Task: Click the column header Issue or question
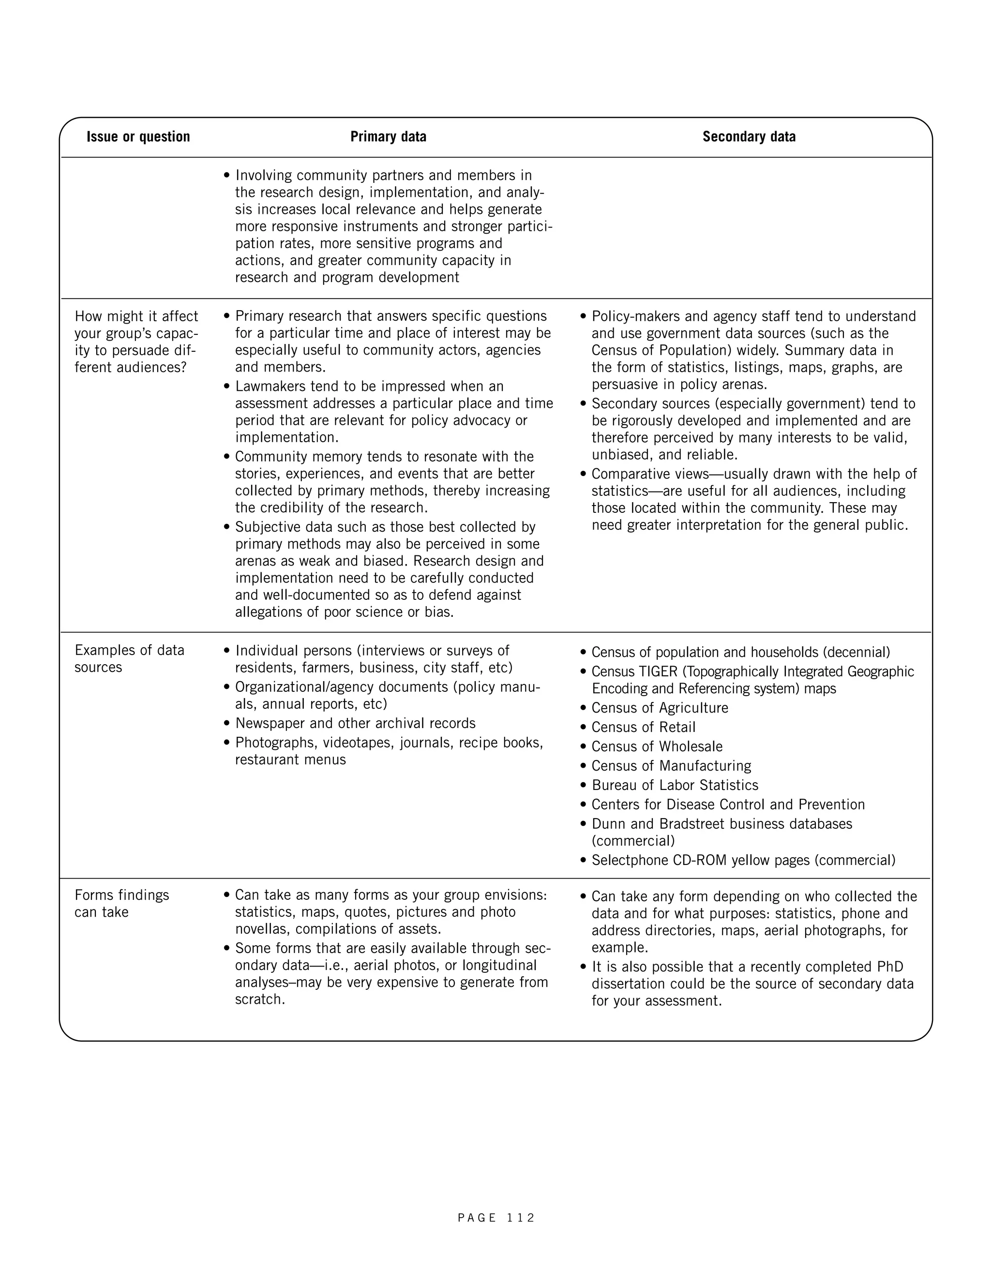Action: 138,137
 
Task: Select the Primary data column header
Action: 388,137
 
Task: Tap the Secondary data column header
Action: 749,137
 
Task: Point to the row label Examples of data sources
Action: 129,658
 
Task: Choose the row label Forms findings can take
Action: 121,903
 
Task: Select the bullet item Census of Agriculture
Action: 660,708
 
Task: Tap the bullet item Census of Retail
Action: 643,727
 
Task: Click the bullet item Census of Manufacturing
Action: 671,766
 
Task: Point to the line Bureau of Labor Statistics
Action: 675,785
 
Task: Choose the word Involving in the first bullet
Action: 264,176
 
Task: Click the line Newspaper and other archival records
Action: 355,723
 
